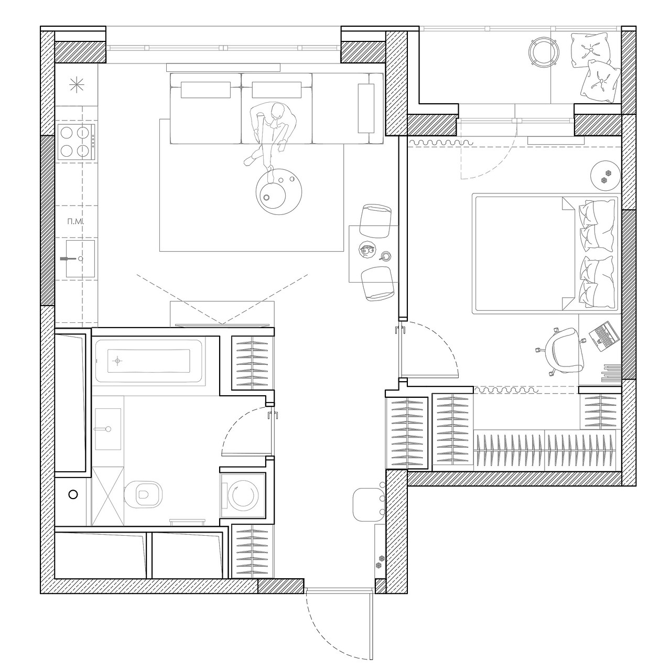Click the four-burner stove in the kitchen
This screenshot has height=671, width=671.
coord(76,142)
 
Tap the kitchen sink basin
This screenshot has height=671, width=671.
coord(80,258)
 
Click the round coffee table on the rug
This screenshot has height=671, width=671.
coord(278,191)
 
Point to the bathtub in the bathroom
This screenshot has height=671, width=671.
coord(149,361)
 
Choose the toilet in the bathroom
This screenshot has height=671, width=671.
coord(144,494)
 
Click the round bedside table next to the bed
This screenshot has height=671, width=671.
coord(605,176)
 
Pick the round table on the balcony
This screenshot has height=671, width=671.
coord(544,51)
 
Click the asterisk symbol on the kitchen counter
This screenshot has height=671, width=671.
coord(77,85)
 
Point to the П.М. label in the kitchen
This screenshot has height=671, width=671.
coord(76,221)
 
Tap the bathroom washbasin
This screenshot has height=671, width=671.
coord(107,429)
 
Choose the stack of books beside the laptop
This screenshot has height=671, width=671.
coord(611,373)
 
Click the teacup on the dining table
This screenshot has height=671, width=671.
coord(385,256)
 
